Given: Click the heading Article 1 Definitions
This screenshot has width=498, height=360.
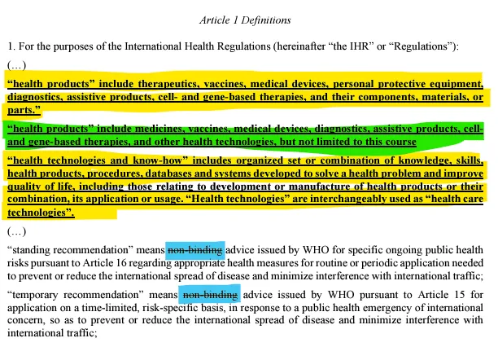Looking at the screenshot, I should (x=248, y=18).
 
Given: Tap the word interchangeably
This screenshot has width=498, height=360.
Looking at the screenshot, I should (x=318, y=200).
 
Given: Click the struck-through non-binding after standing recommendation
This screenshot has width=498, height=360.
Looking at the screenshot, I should (x=194, y=252).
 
